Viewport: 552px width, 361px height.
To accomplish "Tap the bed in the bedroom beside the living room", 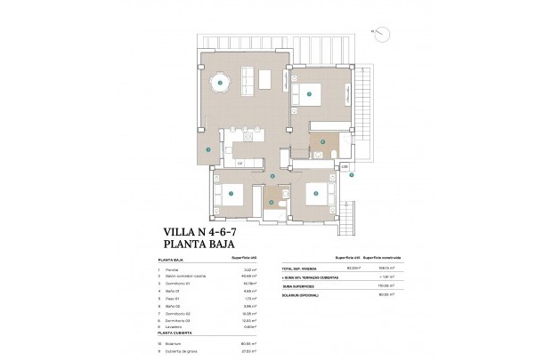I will (312, 92).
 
